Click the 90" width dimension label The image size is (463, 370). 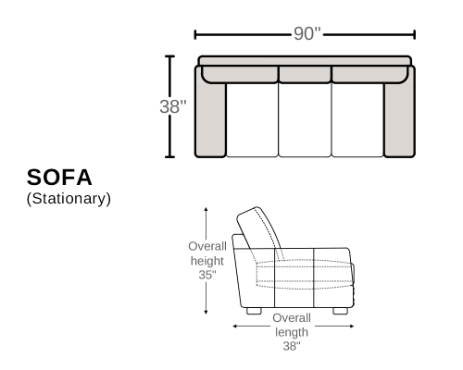pos(307,33)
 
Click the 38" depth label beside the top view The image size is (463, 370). pos(173,106)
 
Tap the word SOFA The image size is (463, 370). pos(59,178)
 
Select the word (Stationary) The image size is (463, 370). pos(69,199)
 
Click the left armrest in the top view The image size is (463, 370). pos(210,118)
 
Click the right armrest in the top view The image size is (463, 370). pos(400,118)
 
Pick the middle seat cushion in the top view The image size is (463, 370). pos(305,120)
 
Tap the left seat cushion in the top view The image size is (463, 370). pos(252,120)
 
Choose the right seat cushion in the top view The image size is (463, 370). pos(357,120)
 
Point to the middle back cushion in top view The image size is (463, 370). pos(306,74)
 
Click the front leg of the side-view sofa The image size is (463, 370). pos(341,311)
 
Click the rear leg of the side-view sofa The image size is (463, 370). pos(254,311)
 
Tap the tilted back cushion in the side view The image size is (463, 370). pos(258,228)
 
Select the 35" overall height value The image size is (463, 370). pos(207,275)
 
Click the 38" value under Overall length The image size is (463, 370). pos(292,346)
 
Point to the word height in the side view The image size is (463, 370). pos(207,261)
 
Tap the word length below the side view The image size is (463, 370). pos(292,332)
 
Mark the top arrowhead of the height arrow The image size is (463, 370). pos(206,209)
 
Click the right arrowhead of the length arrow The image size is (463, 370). pos(352,326)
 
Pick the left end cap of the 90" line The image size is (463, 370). pos(194,35)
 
